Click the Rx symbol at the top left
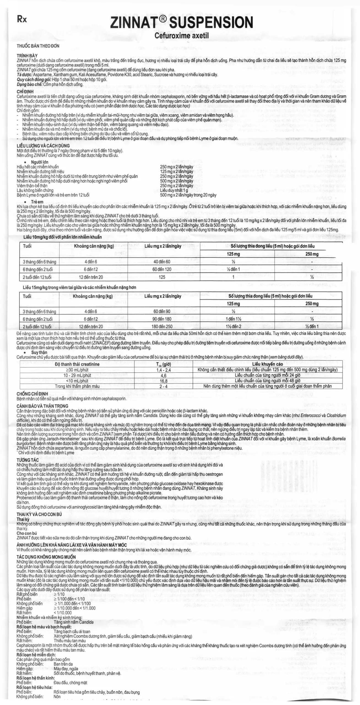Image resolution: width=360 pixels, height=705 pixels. pos(22,20)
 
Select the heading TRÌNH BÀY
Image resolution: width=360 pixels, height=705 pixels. pos(27,56)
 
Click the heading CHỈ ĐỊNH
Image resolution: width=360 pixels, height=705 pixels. pos(25,92)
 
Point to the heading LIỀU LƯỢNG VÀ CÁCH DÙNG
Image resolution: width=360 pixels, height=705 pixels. pos(43,146)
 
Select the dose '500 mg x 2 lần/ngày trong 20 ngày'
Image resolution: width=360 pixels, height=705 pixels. pos(188,195)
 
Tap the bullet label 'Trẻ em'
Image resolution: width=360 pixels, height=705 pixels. pos(37,202)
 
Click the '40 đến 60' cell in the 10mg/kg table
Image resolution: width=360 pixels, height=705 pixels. pos(162,262)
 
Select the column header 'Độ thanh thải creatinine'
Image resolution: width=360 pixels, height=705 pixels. pos(77,364)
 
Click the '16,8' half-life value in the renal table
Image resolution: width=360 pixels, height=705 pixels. pos(164,381)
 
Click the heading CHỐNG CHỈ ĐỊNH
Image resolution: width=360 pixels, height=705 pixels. pos(32,394)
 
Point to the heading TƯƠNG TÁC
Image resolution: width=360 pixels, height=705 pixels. pos(28,460)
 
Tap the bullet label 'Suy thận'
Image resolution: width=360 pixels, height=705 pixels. pos(39,352)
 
